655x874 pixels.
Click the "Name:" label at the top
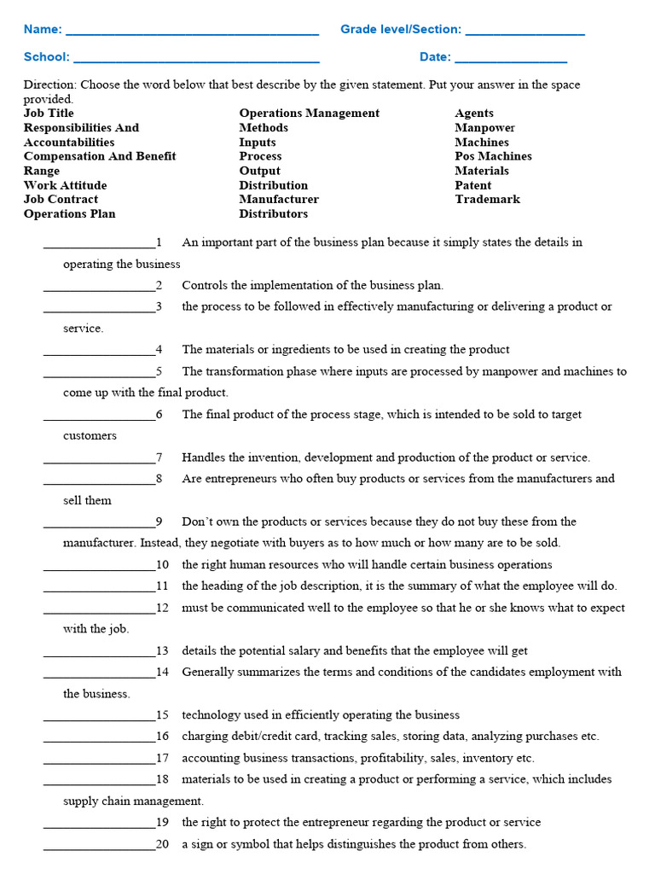pos(42,30)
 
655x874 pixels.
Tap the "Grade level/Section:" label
pos(400,30)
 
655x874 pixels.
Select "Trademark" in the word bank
pos(487,200)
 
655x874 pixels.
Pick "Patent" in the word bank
pos(472,185)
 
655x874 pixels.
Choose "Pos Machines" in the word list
pos(493,156)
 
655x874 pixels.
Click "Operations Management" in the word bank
pos(309,114)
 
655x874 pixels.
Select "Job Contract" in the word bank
pos(61,200)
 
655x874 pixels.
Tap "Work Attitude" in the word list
pos(65,185)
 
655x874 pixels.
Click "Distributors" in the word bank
pos(273,213)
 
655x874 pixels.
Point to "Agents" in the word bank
pos(473,114)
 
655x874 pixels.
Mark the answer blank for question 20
pos(99,846)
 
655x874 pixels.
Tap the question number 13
pos(162,651)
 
